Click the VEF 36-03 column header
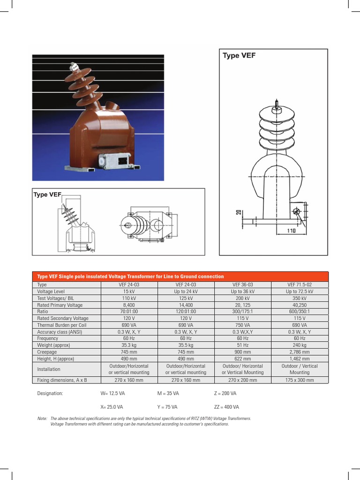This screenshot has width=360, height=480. [242, 285]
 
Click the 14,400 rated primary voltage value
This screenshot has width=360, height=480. [186, 305]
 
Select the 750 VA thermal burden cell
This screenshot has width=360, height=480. [242, 325]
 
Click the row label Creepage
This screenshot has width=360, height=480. [46, 352]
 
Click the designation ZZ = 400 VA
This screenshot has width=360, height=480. [226, 407]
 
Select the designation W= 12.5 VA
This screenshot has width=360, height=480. [113, 393]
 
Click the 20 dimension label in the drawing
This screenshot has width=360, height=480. [239, 212]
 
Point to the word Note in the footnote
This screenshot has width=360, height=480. [42, 418]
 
